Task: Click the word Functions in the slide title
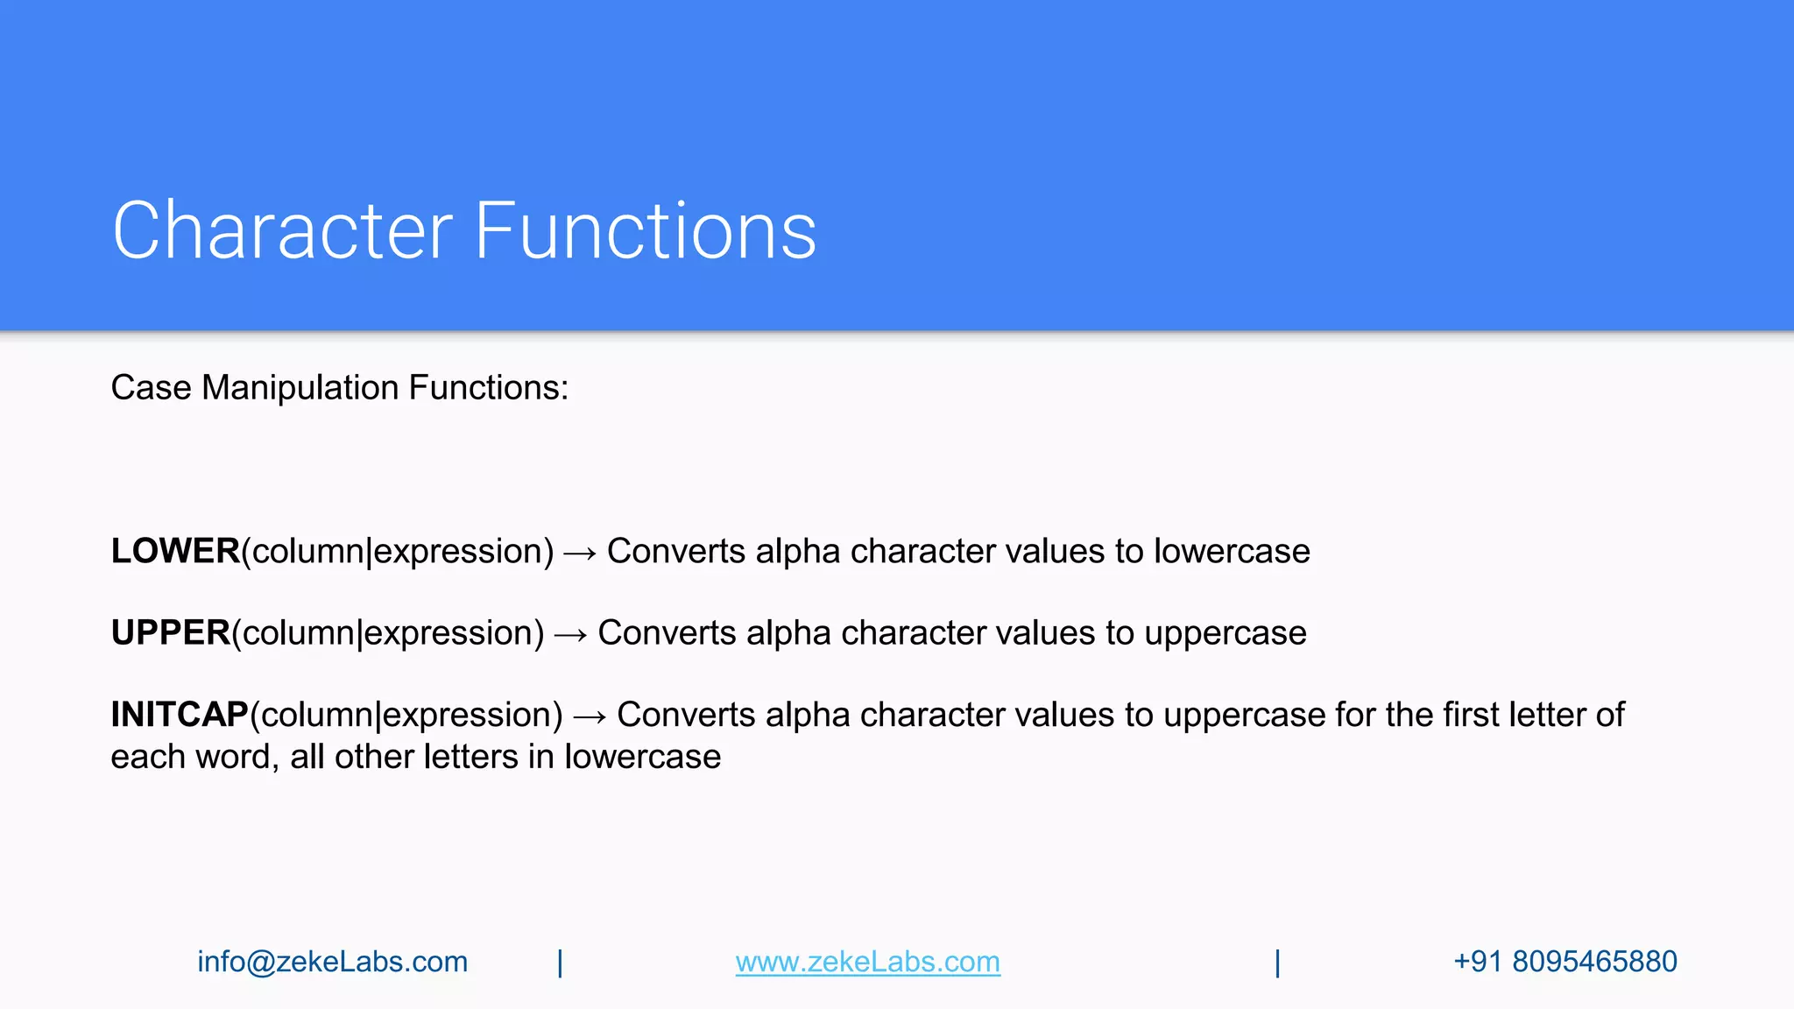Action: (646, 230)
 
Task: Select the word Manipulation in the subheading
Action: (300, 387)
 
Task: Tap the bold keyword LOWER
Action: (175, 551)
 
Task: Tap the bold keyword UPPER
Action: (171, 632)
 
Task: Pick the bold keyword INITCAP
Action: (180, 715)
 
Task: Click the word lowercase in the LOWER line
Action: (1232, 551)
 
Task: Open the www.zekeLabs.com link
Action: (867, 962)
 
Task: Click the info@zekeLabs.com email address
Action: (332, 962)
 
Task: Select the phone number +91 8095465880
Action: (1564, 962)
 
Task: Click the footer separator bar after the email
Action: (560, 963)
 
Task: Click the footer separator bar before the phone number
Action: (1277, 963)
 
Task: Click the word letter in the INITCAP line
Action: (1546, 715)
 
